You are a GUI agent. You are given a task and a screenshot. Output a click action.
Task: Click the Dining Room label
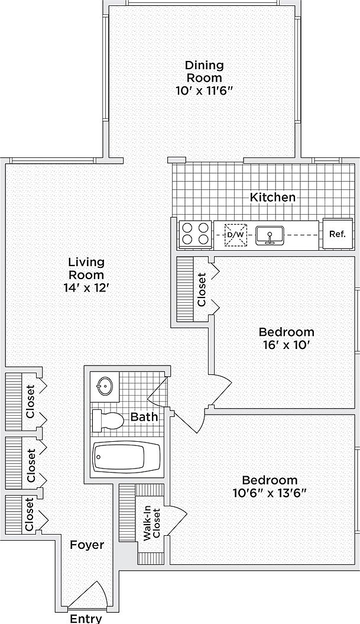204,71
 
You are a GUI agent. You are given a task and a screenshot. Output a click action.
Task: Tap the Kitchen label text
272,197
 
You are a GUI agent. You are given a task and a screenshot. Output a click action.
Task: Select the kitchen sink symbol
271,235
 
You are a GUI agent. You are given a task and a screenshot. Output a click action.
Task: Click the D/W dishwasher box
235,235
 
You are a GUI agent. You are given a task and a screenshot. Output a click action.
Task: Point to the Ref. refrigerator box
337,234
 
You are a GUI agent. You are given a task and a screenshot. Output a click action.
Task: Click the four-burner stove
195,234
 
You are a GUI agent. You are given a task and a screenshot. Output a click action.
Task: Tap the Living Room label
86,268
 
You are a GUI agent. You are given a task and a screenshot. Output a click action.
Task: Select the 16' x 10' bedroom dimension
286,345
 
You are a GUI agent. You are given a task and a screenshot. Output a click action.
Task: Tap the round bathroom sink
105,386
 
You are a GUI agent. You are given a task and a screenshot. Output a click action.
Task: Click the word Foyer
87,545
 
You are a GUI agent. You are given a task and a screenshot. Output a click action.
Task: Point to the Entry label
86,619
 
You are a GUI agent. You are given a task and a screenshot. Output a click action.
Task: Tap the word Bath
144,417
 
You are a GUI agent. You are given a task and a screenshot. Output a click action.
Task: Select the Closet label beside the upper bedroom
202,290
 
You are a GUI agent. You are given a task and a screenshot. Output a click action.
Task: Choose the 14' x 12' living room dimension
86,288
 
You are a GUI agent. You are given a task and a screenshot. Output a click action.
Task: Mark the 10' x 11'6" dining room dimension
204,90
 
